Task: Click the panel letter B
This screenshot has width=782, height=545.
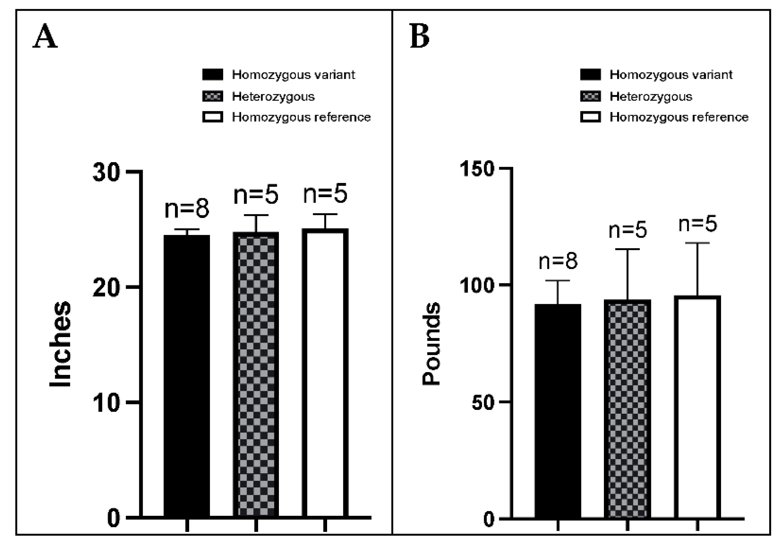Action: point(419,36)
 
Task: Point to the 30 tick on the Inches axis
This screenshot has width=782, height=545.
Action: point(107,172)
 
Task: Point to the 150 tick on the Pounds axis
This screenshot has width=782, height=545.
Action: point(477,169)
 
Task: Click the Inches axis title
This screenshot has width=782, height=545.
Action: point(60,344)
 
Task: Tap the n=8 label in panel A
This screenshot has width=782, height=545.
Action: point(187,209)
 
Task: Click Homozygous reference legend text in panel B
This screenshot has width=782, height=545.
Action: point(679,117)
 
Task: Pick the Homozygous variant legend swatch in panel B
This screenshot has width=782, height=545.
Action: point(590,75)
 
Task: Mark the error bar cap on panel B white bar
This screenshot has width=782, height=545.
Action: point(697,243)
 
